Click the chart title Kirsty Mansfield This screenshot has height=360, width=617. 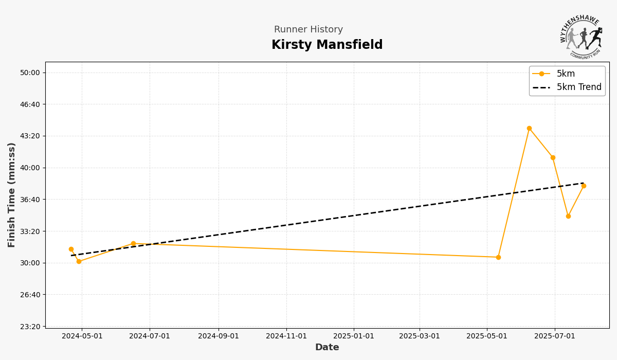pos(327,45)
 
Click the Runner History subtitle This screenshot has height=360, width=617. pos(308,30)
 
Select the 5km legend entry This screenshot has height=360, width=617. pos(566,74)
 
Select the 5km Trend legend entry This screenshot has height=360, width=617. pos(578,87)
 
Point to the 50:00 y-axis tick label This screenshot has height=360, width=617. pos(30,73)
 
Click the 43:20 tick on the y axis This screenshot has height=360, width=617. pos(30,136)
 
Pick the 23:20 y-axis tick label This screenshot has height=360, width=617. pos(30,327)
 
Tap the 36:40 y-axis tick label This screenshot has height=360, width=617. pos(30,200)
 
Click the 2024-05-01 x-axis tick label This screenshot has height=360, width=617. pos(82,336)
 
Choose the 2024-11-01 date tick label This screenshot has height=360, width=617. pos(286,336)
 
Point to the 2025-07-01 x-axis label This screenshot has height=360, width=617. pos(555,336)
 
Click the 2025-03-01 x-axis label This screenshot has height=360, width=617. pos(420,336)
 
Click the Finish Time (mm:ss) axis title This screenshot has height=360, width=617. pos(12,195)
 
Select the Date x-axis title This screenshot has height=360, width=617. pos(327,348)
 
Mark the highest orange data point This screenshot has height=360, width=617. pos(529,129)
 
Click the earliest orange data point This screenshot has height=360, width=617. pos(71,249)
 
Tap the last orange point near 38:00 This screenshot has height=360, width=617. pos(584,186)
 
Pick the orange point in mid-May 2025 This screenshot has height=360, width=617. pos(498,257)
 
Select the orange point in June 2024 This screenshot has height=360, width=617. pos(133,244)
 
